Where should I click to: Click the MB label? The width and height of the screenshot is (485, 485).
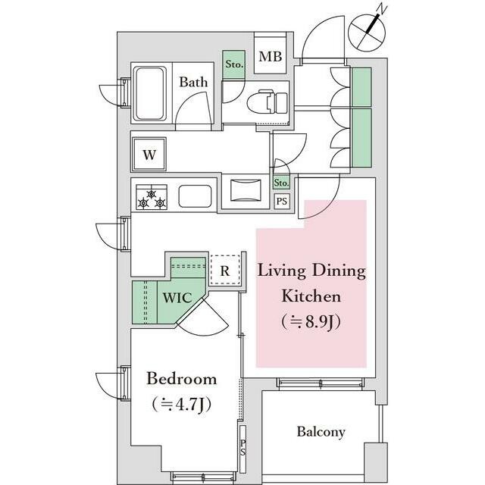(x=271, y=57)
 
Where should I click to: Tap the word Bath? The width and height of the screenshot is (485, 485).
(x=193, y=83)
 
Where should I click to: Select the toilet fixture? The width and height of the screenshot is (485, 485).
(x=268, y=102)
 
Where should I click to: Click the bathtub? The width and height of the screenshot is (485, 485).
(x=150, y=94)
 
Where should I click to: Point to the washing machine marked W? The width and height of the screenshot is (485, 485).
(x=149, y=154)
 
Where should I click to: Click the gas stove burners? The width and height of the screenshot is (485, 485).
(x=152, y=197)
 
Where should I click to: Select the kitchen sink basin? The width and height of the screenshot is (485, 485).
(x=196, y=196)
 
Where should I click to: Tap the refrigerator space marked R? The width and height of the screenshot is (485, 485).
(x=225, y=271)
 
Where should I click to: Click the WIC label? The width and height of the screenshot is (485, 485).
(x=177, y=298)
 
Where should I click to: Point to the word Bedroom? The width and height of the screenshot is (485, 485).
(x=182, y=379)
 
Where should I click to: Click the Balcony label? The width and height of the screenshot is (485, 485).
(x=321, y=432)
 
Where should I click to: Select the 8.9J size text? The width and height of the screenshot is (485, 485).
(x=311, y=321)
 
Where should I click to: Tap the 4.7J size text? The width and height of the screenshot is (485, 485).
(x=182, y=404)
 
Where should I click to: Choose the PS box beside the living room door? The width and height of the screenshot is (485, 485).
(x=281, y=202)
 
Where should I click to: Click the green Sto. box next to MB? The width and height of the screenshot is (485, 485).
(x=234, y=64)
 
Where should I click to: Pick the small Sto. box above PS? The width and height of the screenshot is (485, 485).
(x=281, y=183)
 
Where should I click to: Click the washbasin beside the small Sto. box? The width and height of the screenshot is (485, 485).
(x=246, y=189)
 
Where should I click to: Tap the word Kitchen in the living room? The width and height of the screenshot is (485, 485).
(x=311, y=296)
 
